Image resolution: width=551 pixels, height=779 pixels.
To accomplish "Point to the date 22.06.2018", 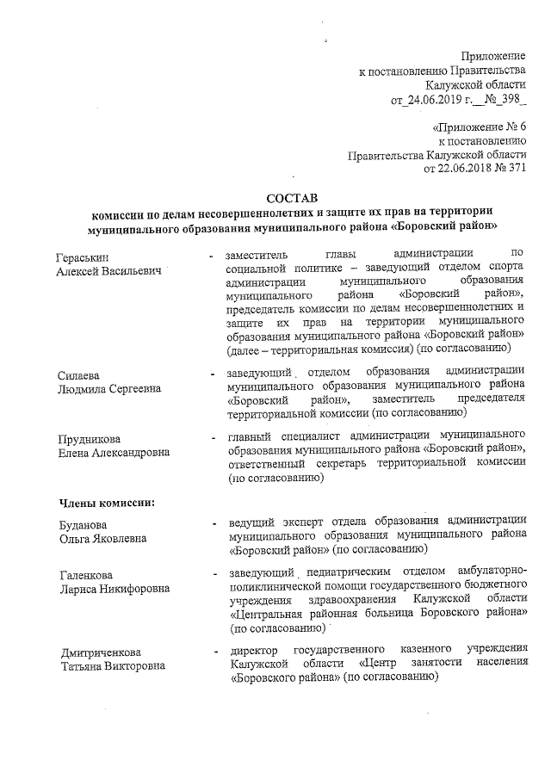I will point(455,168).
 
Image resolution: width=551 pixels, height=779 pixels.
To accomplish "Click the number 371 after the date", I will point(514,168).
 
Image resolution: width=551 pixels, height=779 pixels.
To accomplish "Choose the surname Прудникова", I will point(89,439).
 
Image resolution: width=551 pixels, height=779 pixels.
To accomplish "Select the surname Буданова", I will point(84,525).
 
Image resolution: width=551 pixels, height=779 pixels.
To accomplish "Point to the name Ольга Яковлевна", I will point(102,539).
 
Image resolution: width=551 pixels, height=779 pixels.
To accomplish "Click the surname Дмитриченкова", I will point(101,652).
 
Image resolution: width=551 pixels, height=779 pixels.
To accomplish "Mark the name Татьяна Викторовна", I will point(110,665).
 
